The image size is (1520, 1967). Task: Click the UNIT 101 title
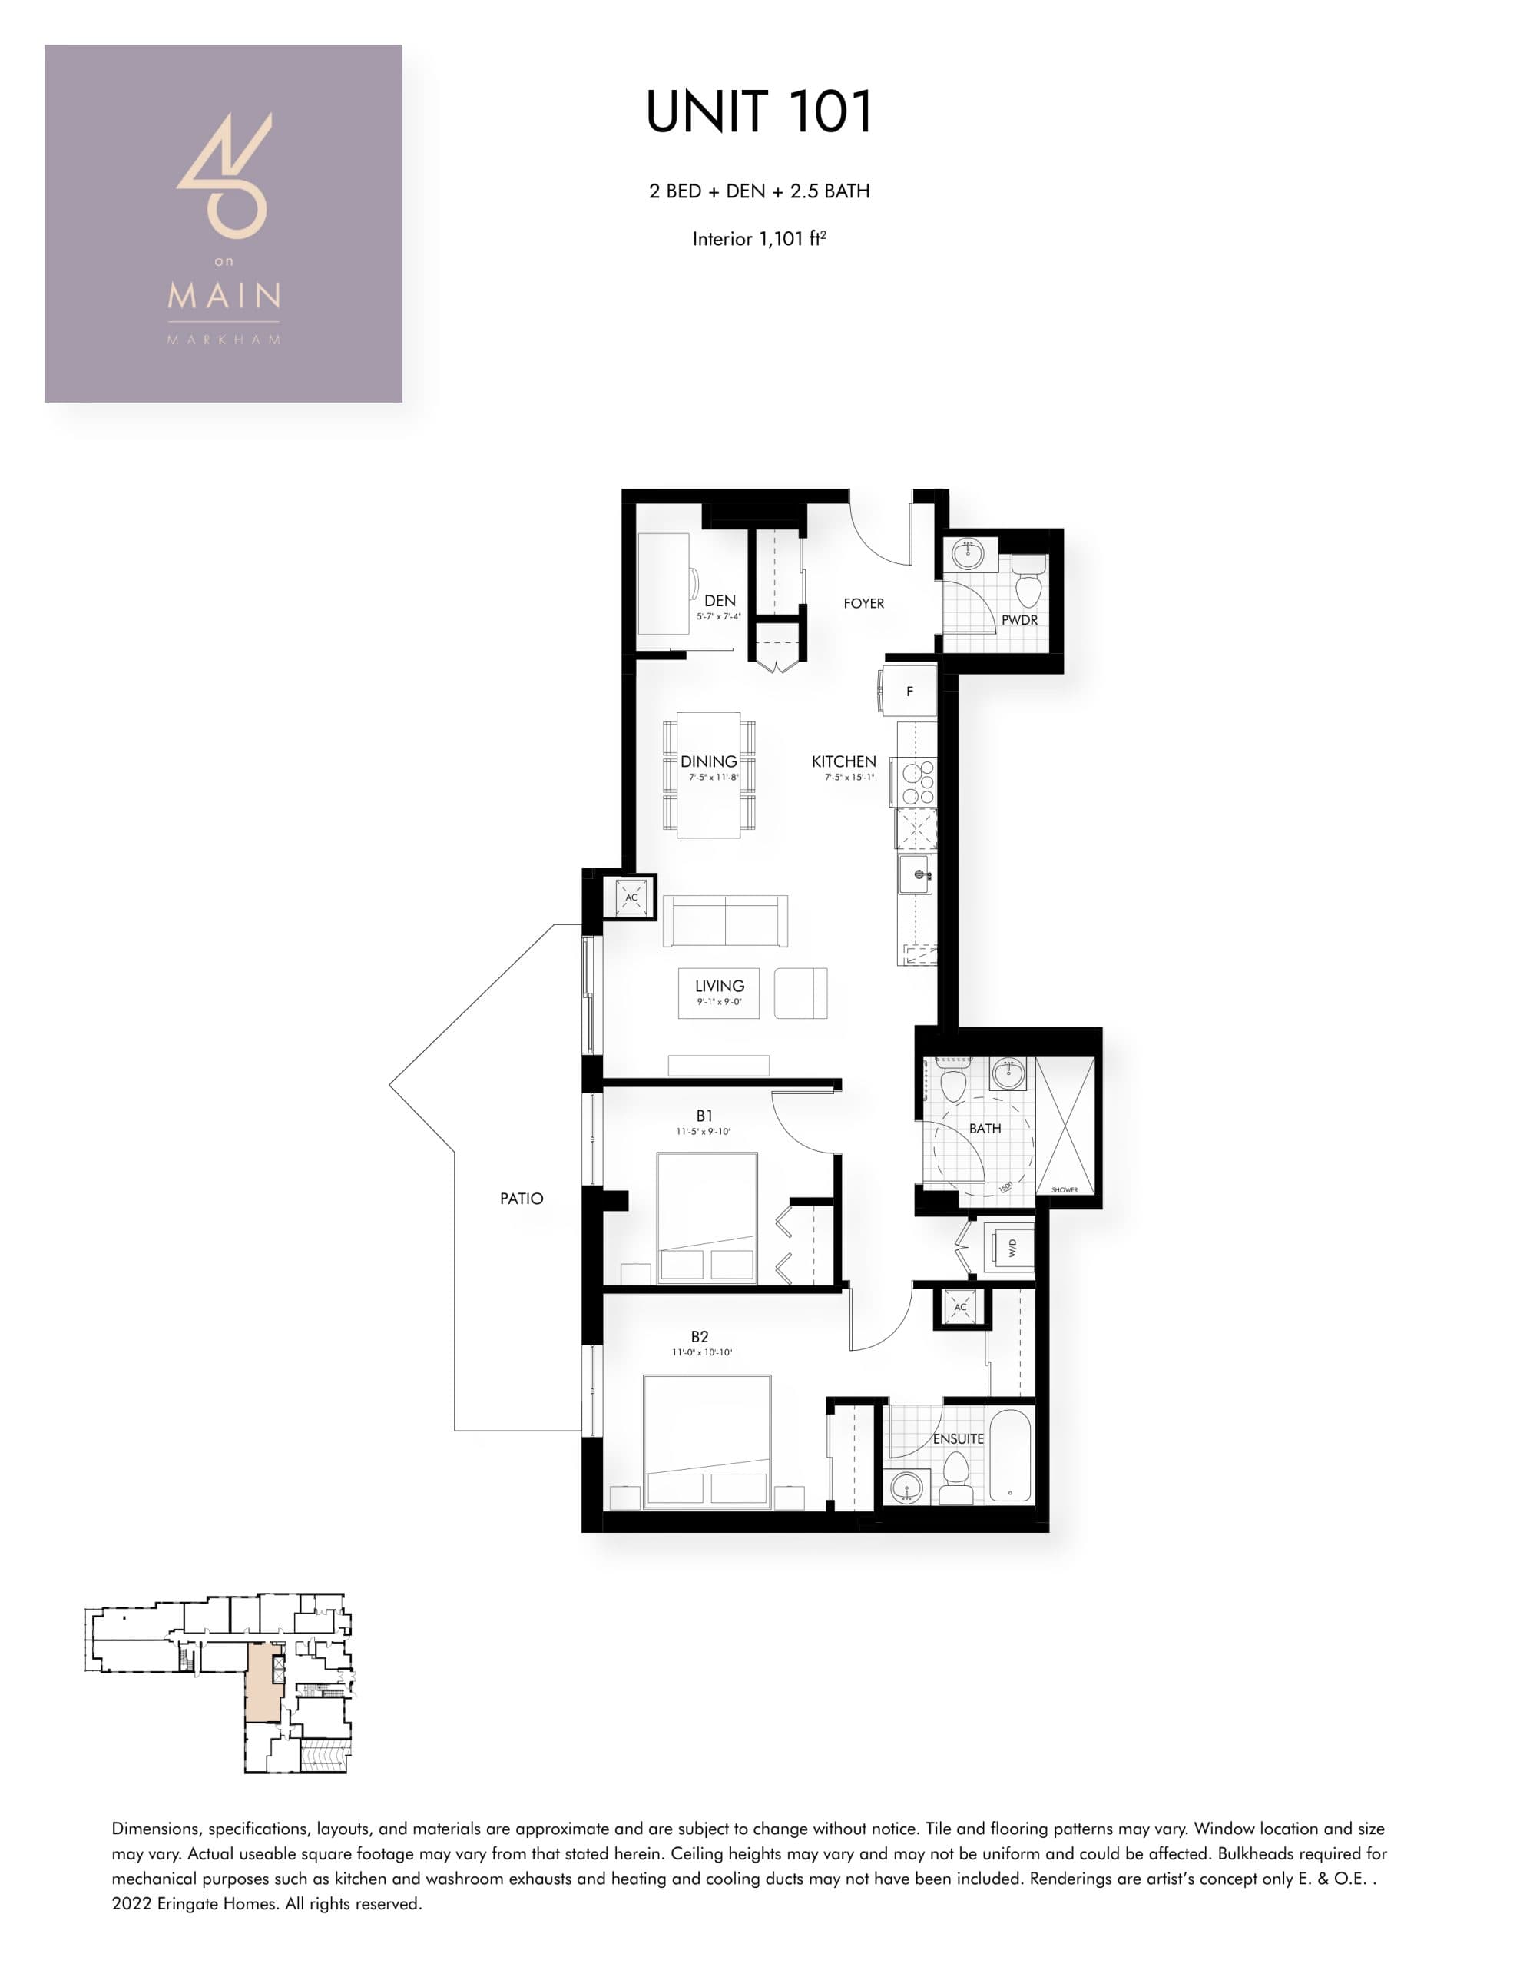[759, 111]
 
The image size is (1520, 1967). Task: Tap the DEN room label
[720, 601]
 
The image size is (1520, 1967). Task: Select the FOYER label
[863, 603]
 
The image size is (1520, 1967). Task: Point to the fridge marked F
[909, 692]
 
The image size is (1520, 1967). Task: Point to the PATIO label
[522, 1199]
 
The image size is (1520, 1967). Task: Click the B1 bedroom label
[704, 1116]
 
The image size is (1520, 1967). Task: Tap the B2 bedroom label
[700, 1336]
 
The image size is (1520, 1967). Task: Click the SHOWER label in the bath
[1065, 1189]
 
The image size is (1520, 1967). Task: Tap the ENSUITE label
[958, 1438]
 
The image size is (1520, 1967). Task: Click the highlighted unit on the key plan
[262, 1683]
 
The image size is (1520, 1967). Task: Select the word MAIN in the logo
[224, 295]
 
